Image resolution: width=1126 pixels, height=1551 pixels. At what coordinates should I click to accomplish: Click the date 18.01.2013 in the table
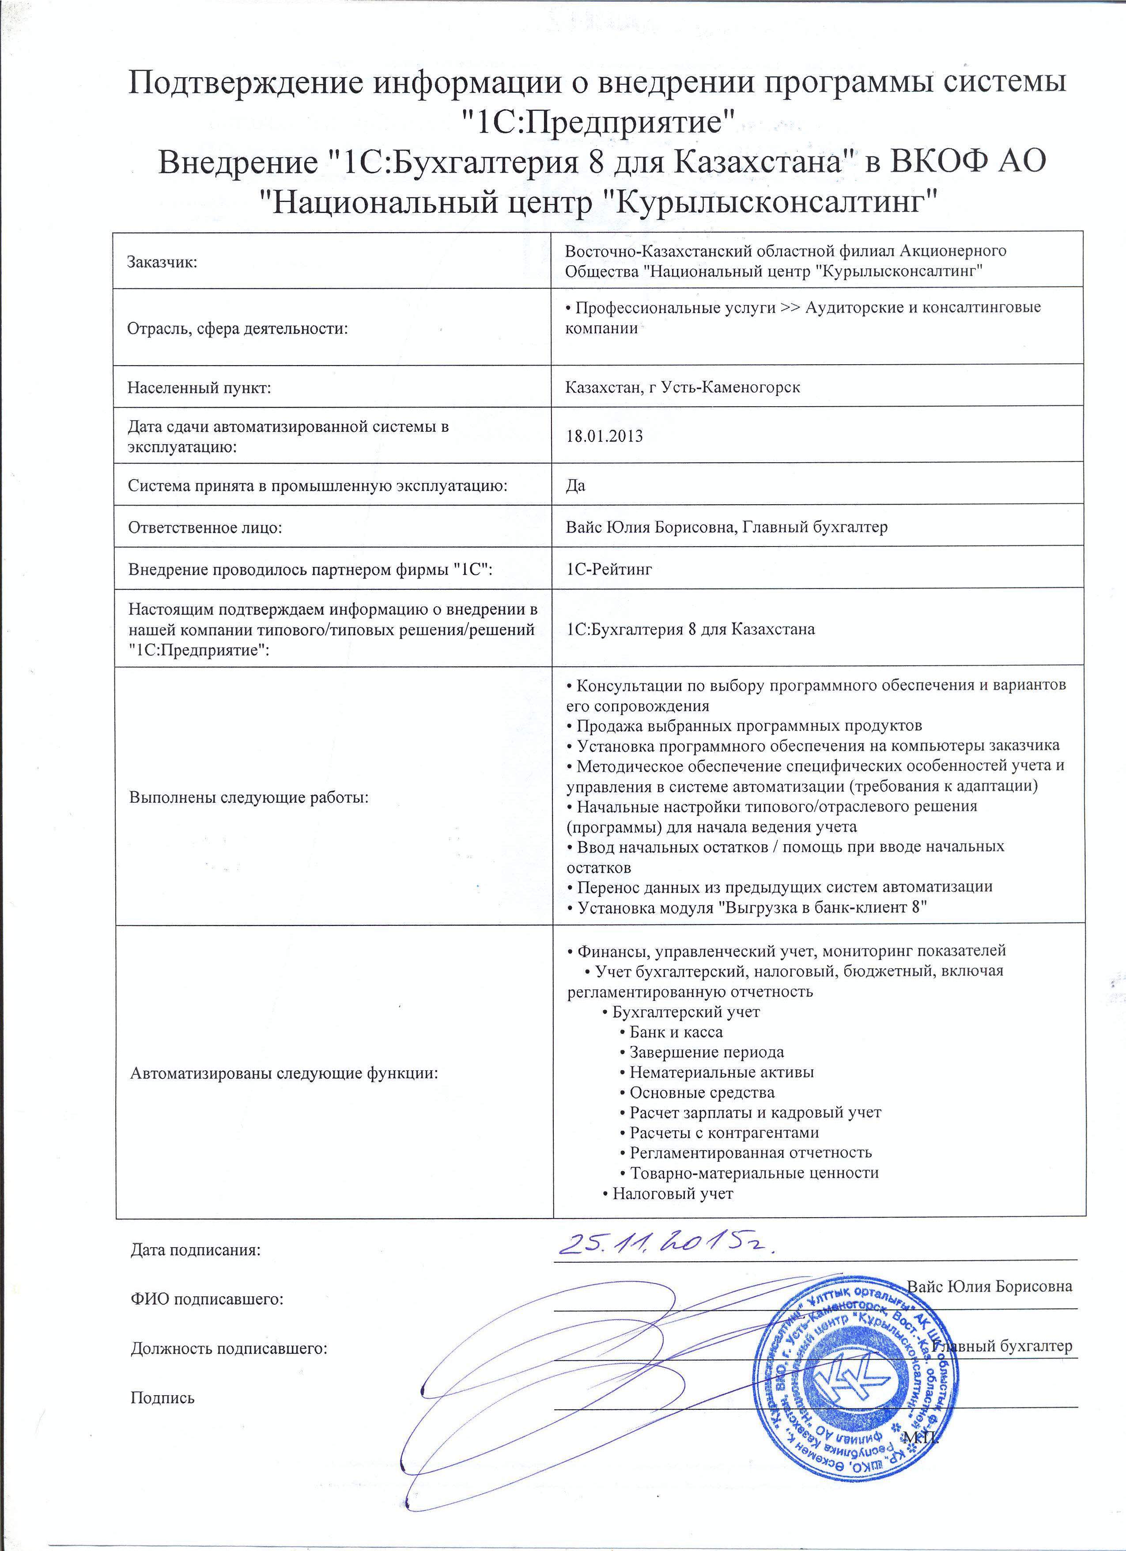pyautogui.click(x=604, y=436)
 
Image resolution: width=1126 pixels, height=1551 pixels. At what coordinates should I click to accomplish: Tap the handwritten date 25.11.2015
pyautogui.click(x=667, y=1246)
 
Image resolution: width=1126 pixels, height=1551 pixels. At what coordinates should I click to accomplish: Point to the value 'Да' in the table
pyautogui.click(x=576, y=486)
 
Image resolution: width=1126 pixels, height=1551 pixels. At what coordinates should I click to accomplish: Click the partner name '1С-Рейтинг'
pyautogui.click(x=609, y=568)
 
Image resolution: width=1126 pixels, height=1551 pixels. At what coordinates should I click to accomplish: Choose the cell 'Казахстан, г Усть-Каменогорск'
pyautogui.click(x=683, y=388)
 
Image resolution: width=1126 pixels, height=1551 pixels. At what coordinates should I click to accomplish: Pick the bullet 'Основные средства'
pyautogui.click(x=701, y=1092)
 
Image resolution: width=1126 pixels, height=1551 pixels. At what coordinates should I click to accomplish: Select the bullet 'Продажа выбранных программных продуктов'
pyautogui.click(x=749, y=725)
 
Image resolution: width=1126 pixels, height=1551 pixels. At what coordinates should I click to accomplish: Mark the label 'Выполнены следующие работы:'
pyautogui.click(x=249, y=797)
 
